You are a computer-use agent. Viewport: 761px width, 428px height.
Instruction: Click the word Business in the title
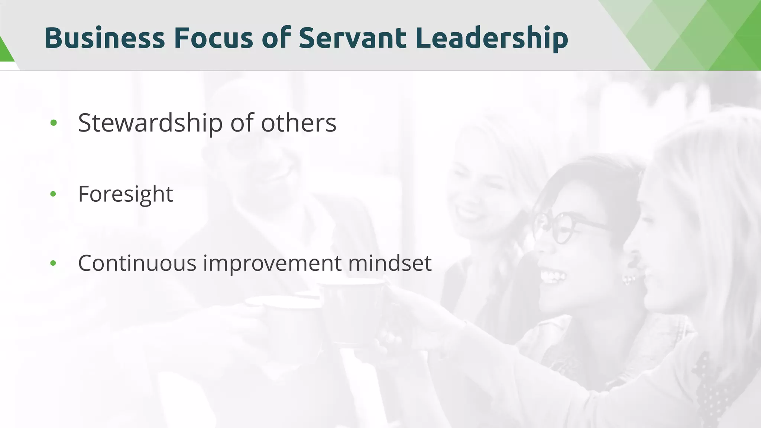click(x=104, y=38)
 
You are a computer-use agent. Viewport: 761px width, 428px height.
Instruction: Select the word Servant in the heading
click(x=352, y=38)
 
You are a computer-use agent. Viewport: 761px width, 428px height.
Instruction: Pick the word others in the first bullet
click(x=298, y=123)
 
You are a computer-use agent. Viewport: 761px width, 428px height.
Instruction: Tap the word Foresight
click(x=125, y=194)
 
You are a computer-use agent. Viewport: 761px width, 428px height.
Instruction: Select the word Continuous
click(x=137, y=263)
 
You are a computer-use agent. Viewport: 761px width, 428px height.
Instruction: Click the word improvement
click(x=272, y=264)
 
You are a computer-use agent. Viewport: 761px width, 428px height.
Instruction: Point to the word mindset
click(x=390, y=263)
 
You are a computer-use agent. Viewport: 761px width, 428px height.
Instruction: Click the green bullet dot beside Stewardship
click(x=54, y=123)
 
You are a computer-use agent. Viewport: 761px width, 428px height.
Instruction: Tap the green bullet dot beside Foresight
click(x=53, y=194)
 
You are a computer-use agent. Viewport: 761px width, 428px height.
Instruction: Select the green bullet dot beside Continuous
click(x=53, y=263)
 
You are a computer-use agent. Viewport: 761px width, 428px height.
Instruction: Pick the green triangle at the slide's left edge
click(x=5, y=50)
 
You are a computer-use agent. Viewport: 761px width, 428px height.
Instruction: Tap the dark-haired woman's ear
click(x=632, y=260)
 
